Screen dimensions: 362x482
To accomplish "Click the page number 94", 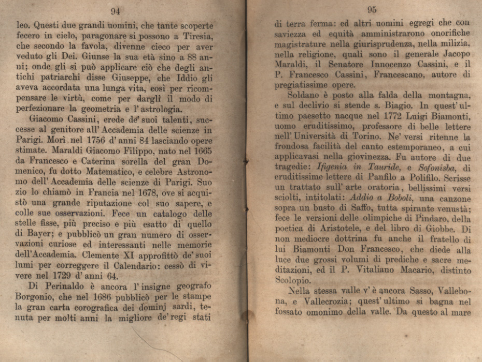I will coord(116,11).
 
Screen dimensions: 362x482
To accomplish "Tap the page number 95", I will coord(372,9).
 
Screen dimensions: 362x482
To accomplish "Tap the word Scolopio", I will coord(292,280).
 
